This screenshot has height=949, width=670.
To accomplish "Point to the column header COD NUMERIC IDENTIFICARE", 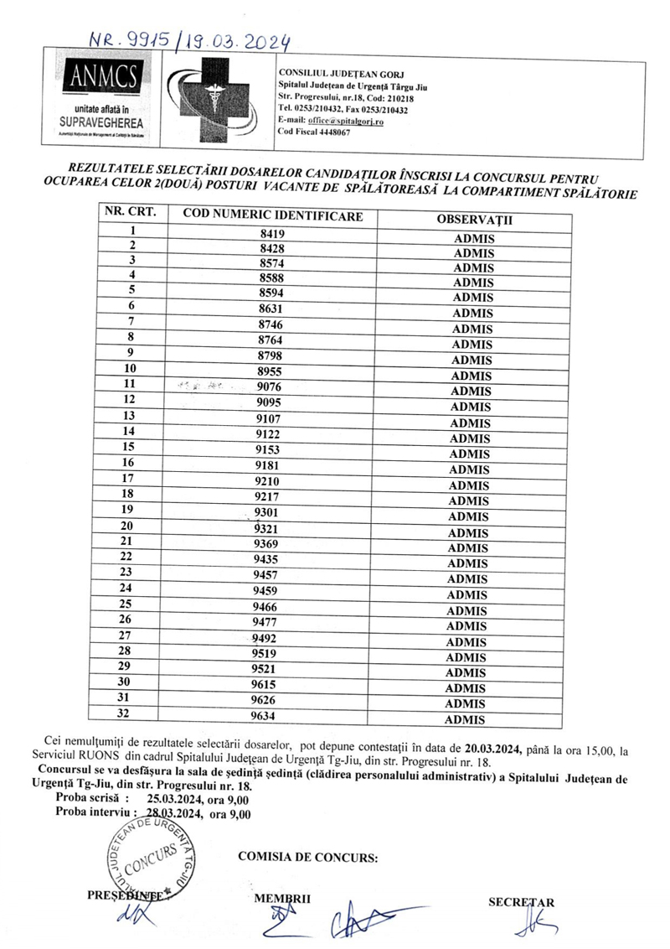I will [x=272, y=215].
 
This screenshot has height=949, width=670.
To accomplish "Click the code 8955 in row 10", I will [x=270, y=370].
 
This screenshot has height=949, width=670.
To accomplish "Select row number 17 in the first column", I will [x=128, y=478].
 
